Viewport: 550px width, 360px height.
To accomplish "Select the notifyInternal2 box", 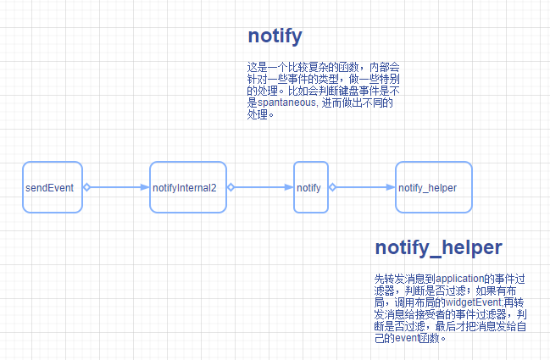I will point(188,186).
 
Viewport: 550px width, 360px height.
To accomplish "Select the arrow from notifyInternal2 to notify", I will point(261,187).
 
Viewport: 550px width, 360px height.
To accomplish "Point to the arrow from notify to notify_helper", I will point(362,187).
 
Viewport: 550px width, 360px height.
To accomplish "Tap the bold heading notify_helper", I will point(438,247).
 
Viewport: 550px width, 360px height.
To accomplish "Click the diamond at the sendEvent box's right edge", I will point(86,187).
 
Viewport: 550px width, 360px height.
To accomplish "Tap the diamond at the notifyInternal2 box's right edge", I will point(230,187).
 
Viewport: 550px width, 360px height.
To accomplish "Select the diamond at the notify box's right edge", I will point(330,187).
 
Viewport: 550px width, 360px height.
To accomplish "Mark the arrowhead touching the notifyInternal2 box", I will point(145,187).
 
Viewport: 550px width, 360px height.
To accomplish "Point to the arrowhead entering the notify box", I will point(289,187).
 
